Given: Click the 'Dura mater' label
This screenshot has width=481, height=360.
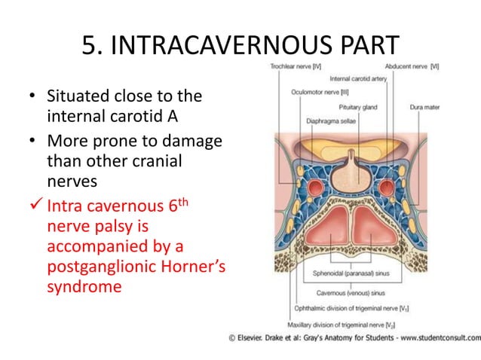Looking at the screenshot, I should pos(426,107).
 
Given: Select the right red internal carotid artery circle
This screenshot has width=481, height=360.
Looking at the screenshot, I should pos(387,186).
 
